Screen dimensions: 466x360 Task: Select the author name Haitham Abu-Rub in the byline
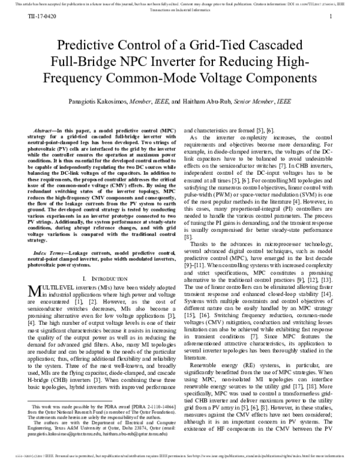pos(227,103)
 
